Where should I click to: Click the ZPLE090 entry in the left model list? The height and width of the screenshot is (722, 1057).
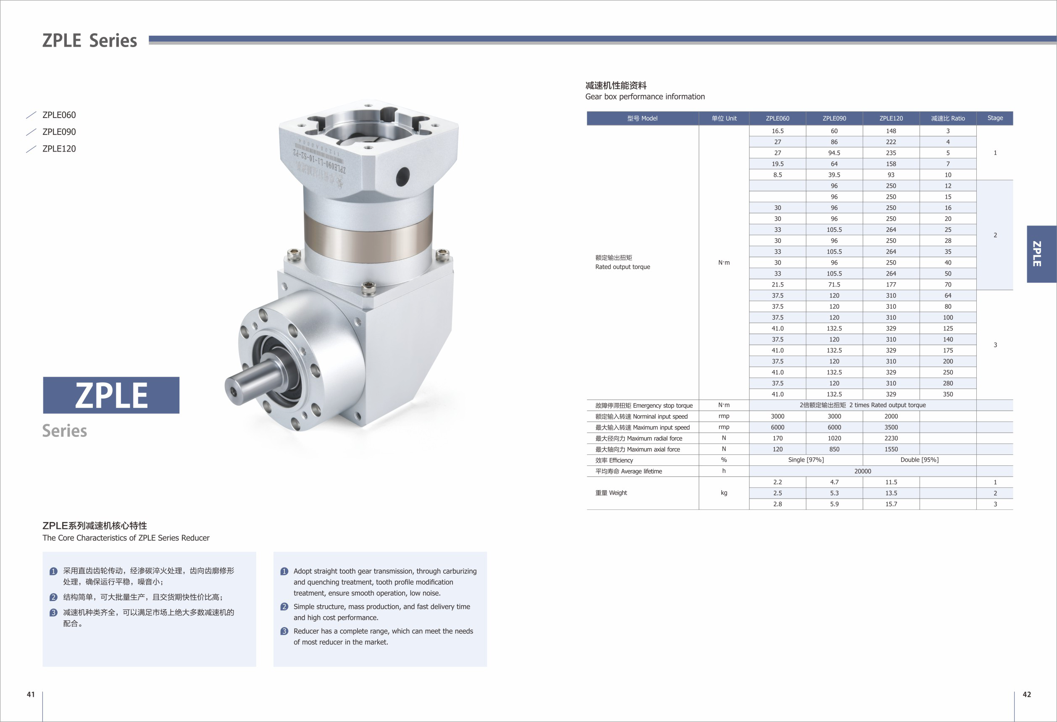[59, 132]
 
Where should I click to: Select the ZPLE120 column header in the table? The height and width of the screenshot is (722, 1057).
[891, 118]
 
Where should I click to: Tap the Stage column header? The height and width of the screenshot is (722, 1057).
[995, 118]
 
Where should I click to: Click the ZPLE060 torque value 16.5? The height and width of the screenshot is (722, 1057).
[777, 131]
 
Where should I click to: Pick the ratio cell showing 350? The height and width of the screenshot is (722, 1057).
[948, 394]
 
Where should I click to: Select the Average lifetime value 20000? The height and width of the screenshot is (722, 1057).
[862, 471]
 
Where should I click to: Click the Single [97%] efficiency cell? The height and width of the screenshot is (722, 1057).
[806, 459]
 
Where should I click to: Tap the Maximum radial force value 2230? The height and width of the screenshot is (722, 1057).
[891, 438]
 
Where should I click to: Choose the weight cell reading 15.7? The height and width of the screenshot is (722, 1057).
[891, 504]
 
